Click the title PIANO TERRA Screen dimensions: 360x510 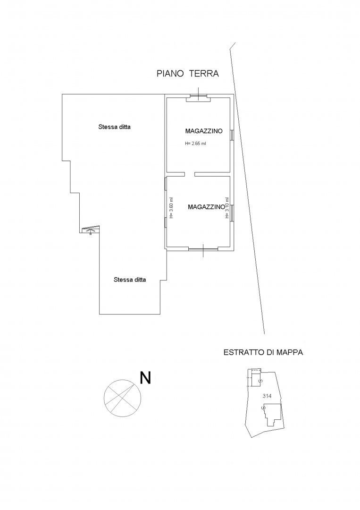click(188, 74)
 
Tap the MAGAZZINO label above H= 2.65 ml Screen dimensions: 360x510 click(204, 131)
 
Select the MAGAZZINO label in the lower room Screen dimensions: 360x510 click(206, 207)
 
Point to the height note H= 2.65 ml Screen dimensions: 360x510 click(195, 143)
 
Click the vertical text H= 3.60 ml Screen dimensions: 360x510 click(171, 208)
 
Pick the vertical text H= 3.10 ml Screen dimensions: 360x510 click(227, 208)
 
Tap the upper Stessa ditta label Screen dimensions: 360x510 click(114, 127)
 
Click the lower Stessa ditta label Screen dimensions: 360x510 click(130, 280)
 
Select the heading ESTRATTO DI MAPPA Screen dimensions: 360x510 click(263, 352)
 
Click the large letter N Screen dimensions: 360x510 click(145, 378)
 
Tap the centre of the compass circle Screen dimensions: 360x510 click(123, 398)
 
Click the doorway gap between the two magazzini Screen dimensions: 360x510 click(190, 174)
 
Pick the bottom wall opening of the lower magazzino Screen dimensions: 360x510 click(203, 249)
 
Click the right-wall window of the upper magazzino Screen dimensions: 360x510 click(232, 135)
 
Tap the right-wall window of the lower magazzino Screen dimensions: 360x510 click(232, 212)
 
